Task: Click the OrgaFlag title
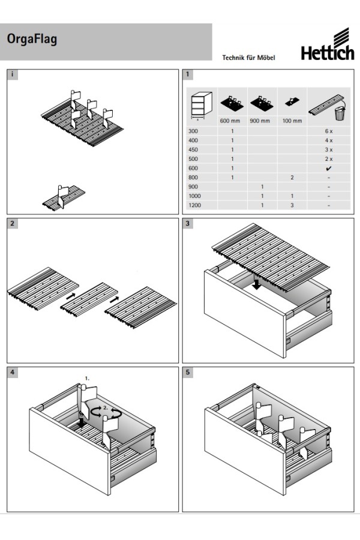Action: (x=32, y=40)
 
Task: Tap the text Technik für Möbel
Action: (x=248, y=58)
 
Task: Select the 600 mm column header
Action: (x=232, y=121)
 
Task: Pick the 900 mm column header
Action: (x=262, y=121)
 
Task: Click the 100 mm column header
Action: (x=292, y=121)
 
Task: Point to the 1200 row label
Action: (x=194, y=206)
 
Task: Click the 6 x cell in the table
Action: (x=328, y=131)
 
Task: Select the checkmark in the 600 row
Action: (x=328, y=169)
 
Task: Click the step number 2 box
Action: (x=13, y=224)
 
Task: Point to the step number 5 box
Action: (x=188, y=373)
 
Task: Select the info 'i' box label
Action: (x=13, y=75)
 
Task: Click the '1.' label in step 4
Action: (x=87, y=379)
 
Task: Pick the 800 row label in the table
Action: (x=193, y=178)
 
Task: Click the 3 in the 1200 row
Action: (x=292, y=206)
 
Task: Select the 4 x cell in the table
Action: (x=328, y=140)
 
